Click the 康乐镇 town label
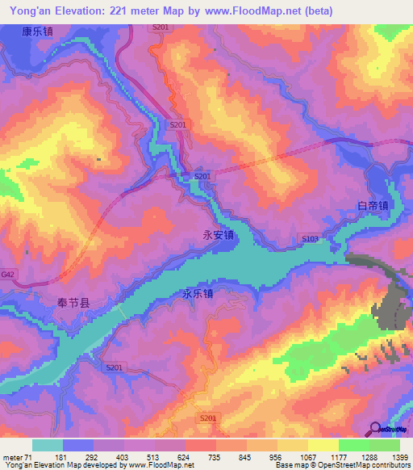coord(37,32)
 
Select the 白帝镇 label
coord(373,206)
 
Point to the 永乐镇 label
coord(198,295)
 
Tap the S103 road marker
coord(311,239)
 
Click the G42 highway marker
coord(8,275)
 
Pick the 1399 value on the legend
coord(398,457)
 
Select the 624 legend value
coord(186,457)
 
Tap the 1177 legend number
coord(338,457)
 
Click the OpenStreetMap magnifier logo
coord(375,430)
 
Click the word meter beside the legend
coord(14,457)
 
